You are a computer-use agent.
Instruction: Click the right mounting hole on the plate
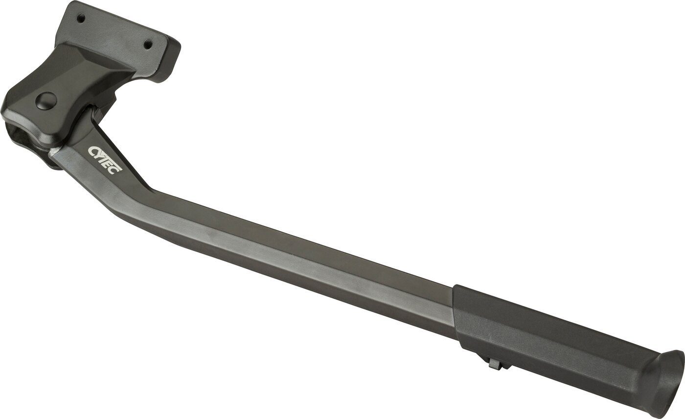[x=146, y=44]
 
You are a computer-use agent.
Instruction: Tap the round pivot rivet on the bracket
[x=46, y=101]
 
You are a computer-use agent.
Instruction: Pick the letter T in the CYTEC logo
[x=105, y=158]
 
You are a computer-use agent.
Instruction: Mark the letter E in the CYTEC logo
[x=111, y=164]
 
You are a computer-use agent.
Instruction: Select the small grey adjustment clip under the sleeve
[x=495, y=364]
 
